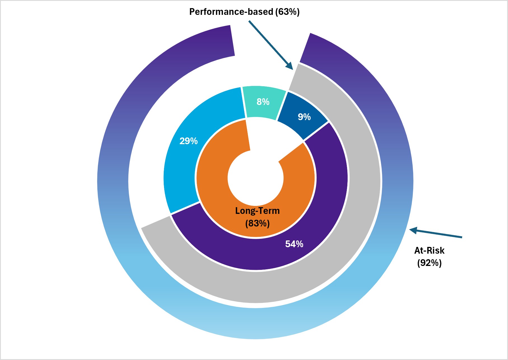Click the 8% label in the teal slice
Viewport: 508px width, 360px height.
(263, 102)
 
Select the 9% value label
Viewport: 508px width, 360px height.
(304, 117)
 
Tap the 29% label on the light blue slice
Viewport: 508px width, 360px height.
(188, 141)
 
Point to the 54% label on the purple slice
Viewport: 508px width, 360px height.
(294, 244)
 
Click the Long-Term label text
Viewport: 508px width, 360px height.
(257, 211)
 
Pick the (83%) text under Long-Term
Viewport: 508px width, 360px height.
(257, 223)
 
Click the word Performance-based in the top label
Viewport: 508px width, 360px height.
(231, 12)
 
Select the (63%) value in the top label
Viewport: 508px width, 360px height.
(287, 12)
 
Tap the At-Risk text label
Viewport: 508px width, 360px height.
(429, 250)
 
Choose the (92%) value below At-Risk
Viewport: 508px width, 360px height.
(429, 263)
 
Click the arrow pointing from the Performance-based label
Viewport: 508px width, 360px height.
(271, 45)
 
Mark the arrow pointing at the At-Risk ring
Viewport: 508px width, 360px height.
(436, 233)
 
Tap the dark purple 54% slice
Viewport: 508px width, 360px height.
(322, 224)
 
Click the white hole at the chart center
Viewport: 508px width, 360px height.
(255, 178)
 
